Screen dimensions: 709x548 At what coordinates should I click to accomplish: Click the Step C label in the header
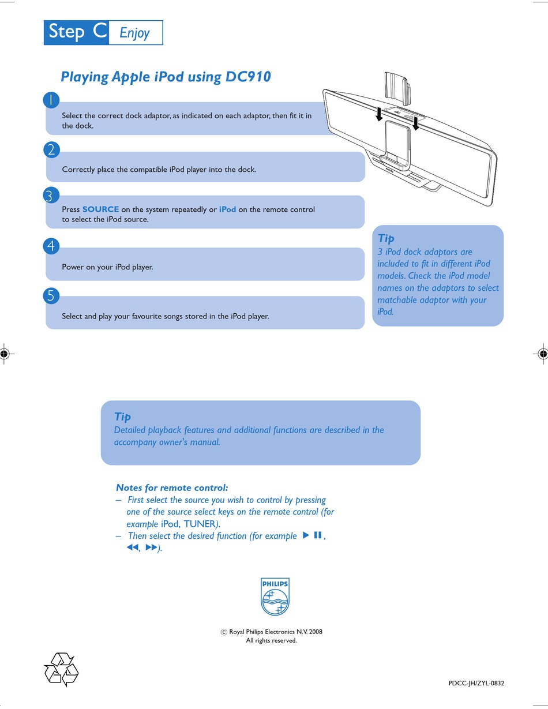point(77,32)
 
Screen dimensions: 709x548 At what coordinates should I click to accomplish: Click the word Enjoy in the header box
point(134,33)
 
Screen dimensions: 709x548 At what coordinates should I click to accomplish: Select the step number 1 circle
point(51,100)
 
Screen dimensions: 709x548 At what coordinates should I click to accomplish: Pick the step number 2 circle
point(51,149)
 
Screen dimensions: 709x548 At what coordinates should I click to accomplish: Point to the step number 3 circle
point(51,195)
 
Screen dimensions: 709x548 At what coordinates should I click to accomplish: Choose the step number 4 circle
point(51,246)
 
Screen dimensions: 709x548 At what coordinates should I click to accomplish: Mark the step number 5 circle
point(51,296)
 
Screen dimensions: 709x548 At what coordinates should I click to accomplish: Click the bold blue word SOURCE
point(100,209)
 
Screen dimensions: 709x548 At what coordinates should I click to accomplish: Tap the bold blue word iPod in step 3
point(228,209)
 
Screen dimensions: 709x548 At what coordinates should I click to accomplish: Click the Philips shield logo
point(275,597)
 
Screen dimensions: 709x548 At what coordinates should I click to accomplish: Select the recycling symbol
point(61,669)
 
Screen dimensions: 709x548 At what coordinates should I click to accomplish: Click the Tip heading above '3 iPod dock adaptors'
point(386,238)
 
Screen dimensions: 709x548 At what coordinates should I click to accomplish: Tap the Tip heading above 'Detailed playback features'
point(122,417)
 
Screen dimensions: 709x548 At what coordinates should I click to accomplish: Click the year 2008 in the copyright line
point(315,632)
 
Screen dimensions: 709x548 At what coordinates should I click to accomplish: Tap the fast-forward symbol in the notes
point(151,547)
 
